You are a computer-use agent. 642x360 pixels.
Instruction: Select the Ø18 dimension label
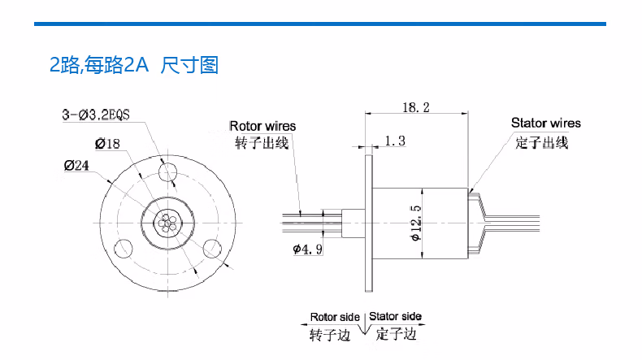pos(107,144)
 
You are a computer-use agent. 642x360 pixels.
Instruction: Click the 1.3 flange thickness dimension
pos(395,141)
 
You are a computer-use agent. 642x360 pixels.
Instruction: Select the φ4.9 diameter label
pos(309,249)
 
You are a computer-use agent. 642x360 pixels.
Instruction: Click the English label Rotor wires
pos(262,126)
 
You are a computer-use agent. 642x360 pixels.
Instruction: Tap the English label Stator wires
pos(546,124)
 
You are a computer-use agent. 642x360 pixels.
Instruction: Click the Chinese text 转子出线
pos(262,143)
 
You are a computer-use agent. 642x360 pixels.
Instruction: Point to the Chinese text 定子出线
pos(542,142)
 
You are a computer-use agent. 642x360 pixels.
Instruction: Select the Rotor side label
pos(335,317)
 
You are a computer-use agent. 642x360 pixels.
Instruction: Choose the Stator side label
pos(395,317)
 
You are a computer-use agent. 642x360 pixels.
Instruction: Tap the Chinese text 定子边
pos(397,334)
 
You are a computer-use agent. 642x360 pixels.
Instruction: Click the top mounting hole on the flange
pos(170,171)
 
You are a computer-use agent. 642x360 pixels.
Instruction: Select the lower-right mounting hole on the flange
pos(215,247)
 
